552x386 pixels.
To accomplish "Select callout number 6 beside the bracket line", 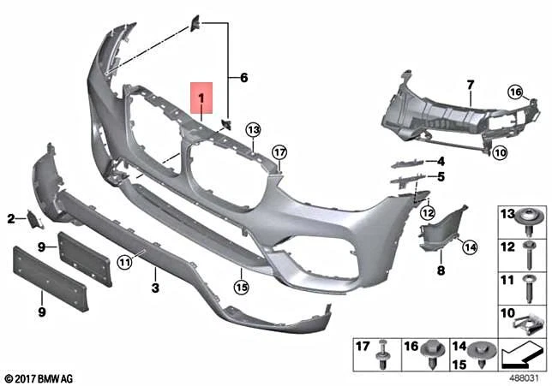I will coord(243,78).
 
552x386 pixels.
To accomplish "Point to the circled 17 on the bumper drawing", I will coord(279,152).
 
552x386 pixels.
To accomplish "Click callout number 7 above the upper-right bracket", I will coord(470,84).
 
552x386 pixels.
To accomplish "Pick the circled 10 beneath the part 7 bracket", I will coord(500,153).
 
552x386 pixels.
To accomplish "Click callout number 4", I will coord(441,161).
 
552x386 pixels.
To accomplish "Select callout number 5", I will coord(441,177).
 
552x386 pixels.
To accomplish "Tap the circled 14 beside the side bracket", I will coord(469,247).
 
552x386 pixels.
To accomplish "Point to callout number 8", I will coord(441,270).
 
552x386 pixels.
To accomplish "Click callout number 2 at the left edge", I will coord(12,219).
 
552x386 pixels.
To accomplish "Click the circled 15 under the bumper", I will coord(243,288).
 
